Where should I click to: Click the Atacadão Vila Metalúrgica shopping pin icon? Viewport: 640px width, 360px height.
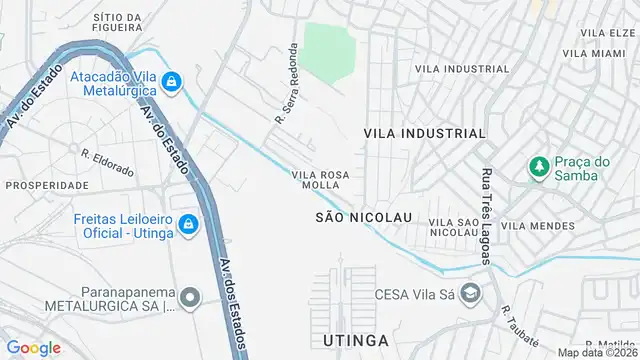(172, 81)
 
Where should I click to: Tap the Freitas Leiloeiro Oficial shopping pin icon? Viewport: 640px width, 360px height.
(186, 227)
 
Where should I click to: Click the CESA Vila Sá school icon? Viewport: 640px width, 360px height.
(472, 294)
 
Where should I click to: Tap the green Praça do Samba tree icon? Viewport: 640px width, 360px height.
(539, 166)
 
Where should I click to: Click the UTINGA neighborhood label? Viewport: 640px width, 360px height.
(355, 342)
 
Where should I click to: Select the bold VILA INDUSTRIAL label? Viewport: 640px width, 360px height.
(424, 133)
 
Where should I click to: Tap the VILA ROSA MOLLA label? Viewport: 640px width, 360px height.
(320, 180)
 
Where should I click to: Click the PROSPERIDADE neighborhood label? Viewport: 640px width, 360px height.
(47, 185)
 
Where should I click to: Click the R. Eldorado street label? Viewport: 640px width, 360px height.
(107, 162)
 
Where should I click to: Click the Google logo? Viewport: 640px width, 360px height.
(34, 348)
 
